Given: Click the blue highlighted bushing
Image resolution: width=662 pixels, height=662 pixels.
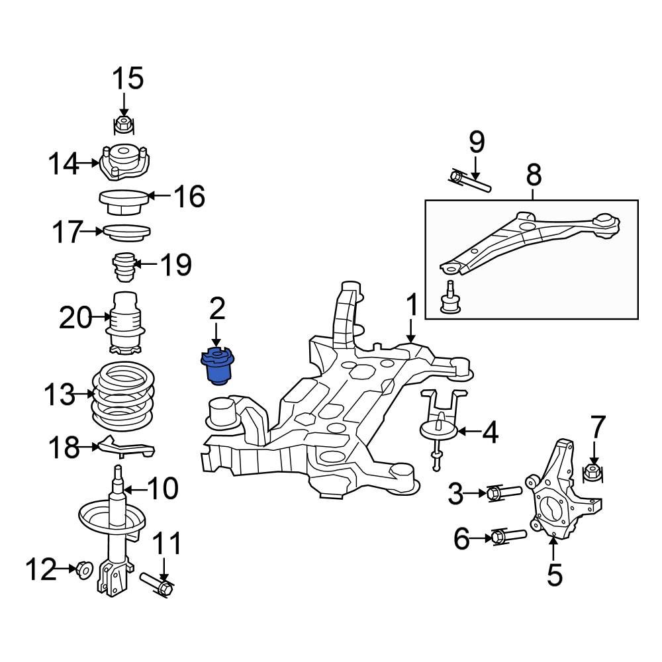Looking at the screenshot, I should [216, 365].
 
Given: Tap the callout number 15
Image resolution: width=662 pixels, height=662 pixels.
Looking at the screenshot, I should [126, 79].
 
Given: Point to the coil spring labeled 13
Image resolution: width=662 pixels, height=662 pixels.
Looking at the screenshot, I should [123, 397].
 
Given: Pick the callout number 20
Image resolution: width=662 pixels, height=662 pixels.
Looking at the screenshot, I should [75, 318].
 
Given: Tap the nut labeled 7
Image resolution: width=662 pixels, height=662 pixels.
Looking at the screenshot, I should [592, 473].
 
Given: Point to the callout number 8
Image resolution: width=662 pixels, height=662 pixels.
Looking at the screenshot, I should [534, 175].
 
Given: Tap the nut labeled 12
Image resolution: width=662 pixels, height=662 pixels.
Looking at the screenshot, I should [83, 569].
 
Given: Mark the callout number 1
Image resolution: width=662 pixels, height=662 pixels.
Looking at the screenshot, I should [412, 306].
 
